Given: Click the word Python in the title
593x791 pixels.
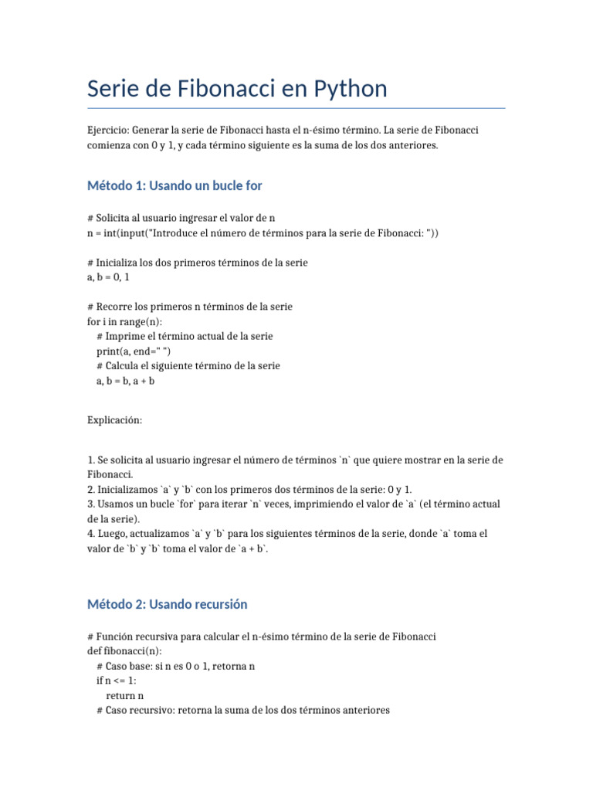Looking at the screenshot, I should tap(348, 90).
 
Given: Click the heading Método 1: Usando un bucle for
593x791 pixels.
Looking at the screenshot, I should tap(175, 185).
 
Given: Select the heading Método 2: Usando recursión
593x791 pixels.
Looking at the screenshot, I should tap(168, 604).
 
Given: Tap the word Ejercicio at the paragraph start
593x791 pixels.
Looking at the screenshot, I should tap(109, 131).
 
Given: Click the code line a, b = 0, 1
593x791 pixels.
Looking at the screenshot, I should tap(114, 277).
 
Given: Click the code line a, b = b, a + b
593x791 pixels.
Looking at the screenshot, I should tap(125, 380).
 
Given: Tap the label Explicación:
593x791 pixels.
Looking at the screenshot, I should tap(115, 420).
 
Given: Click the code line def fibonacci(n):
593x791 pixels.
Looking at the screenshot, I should tap(124, 651).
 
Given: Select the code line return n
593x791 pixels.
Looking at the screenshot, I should tap(124, 695).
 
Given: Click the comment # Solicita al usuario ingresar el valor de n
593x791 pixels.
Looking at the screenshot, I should tap(181, 219).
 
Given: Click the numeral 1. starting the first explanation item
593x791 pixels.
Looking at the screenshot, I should tap(92, 460).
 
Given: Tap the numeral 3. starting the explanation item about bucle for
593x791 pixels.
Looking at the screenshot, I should tap(92, 504).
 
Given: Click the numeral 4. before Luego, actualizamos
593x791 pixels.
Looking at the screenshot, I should tap(92, 534).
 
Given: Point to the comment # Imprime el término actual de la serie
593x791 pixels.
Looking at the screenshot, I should tap(185, 336).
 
